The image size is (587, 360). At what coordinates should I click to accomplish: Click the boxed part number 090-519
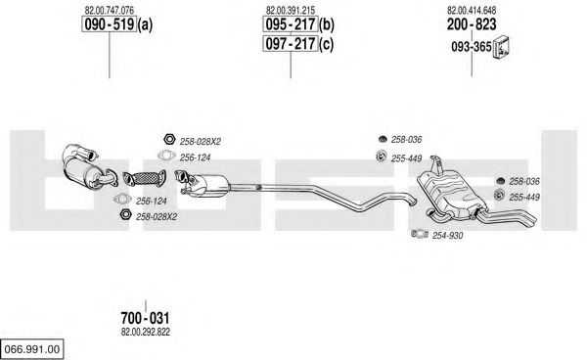109,24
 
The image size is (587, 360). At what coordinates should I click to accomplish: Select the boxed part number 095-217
291,24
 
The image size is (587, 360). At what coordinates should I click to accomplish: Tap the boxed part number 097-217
291,44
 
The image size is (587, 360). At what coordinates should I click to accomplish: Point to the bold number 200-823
472,24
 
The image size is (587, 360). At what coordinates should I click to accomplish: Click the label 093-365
472,47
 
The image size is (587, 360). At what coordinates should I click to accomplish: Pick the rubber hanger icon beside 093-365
501,48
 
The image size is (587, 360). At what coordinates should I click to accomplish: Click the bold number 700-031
145,318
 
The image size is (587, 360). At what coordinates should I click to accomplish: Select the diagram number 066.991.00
32,349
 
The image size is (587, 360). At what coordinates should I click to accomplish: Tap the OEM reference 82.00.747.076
109,11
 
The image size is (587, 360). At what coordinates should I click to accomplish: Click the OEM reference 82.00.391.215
291,11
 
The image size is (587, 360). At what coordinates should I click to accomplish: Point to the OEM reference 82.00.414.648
472,11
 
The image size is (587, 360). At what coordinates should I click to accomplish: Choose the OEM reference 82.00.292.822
145,332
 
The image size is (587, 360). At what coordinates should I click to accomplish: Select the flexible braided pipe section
144,178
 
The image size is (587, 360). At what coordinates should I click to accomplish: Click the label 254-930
448,236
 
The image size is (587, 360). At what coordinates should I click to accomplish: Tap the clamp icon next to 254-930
420,234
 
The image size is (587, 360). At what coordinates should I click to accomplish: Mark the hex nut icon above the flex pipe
169,139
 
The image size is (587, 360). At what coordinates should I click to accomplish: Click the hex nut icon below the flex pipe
125,214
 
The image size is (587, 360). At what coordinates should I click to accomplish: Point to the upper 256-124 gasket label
195,157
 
